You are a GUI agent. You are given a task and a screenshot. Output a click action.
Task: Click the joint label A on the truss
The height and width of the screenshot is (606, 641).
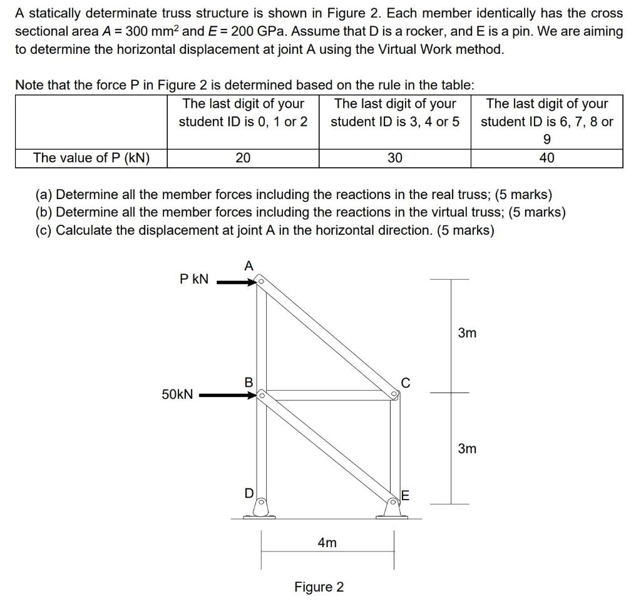point(249,266)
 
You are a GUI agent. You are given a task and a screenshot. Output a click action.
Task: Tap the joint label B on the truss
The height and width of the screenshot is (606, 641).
point(249,381)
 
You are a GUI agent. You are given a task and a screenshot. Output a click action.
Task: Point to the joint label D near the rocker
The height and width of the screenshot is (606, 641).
point(249,494)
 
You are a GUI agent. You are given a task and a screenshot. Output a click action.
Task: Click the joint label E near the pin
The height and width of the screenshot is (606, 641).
point(405,496)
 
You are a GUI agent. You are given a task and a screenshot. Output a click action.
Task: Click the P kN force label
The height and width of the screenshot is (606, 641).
point(194,279)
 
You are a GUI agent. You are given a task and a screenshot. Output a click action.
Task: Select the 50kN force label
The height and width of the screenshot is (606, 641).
point(178,394)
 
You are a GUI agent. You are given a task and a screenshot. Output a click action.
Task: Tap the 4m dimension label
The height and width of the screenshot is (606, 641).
point(327,543)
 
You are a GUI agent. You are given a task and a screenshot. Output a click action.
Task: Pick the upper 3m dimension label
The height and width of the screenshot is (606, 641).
point(466,333)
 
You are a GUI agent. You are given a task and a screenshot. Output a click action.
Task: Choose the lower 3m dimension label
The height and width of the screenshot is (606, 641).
point(466,448)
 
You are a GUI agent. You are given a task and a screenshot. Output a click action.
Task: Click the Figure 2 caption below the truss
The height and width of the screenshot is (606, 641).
point(319,587)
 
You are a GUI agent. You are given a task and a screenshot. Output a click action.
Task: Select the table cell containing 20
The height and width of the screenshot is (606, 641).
point(243,158)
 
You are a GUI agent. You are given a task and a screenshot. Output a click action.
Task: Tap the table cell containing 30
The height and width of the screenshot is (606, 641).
point(394,158)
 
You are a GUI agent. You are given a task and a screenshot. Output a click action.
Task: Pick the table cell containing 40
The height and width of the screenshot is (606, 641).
point(546,158)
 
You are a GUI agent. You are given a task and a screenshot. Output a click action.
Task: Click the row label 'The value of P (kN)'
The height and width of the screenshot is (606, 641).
point(91,158)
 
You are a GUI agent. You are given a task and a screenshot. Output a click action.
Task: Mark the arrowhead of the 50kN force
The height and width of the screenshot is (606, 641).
point(252,396)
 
